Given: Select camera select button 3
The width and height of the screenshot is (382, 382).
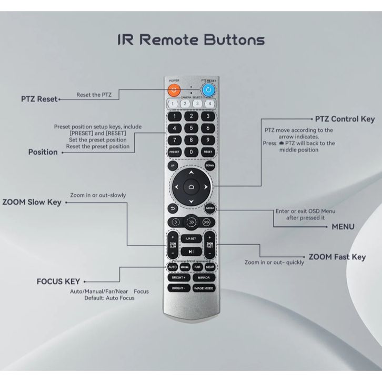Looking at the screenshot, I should [x=197, y=104].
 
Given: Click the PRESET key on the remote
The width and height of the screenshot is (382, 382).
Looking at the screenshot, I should [x=174, y=152].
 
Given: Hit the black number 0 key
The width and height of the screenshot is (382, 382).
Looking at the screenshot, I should [x=191, y=152].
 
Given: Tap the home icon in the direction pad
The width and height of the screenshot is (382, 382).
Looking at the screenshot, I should [x=190, y=186].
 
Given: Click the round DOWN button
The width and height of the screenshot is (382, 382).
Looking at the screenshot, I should [x=209, y=165].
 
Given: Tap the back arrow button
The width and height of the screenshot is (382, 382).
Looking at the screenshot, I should [x=173, y=208].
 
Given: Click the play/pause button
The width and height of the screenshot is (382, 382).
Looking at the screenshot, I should [x=191, y=252].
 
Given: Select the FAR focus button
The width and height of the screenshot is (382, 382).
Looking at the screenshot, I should [x=197, y=267].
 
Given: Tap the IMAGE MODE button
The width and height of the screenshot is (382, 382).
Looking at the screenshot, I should [x=204, y=288].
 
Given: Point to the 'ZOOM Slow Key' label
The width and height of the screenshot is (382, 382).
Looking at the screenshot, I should [x=32, y=202].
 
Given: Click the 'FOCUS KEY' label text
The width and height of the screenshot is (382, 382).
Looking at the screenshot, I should [x=58, y=282].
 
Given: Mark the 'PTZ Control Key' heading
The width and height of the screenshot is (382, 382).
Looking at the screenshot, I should [x=345, y=119].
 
